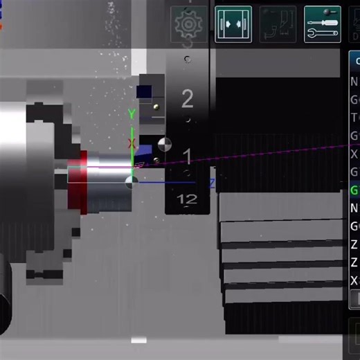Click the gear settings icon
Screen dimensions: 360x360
pos(188,24)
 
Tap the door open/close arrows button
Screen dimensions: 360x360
pos(233,24)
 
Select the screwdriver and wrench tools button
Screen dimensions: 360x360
pos(322,24)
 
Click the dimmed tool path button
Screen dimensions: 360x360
pos(278,24)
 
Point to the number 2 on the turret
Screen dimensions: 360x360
pos(187,98)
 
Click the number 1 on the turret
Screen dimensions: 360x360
pos(187,154)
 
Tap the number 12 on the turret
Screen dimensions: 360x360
pos(187,200)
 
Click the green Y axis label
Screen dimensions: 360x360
pos(132,114)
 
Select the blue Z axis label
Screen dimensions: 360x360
pos(212,183)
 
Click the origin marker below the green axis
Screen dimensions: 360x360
pos(131,182)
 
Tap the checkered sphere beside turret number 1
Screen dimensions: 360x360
pos(165,145)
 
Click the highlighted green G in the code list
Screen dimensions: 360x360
pos(354,190)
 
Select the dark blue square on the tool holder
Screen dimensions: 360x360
pos(145,91)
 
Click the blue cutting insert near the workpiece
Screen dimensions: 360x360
pos(144,153)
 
